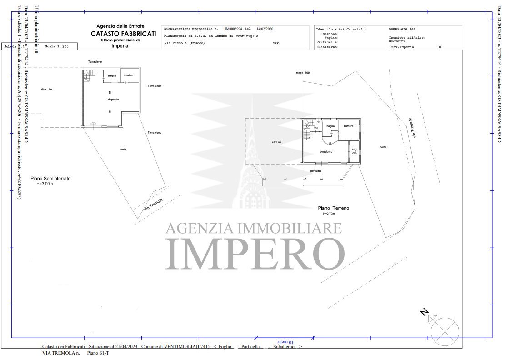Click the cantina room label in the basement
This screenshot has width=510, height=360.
[129, 75]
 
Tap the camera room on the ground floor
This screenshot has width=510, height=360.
[349, 126]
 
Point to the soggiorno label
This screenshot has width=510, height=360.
[326, 151]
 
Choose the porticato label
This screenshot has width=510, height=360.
[315, 171]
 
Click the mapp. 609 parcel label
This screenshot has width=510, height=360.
[303, 73]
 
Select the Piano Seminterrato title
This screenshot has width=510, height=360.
[50, 179]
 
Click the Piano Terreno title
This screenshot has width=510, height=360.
[333, 208]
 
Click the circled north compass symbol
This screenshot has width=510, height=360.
[444, 330]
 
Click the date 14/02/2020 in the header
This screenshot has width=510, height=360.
[265, 28]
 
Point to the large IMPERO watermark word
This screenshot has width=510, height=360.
[255, 253]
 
